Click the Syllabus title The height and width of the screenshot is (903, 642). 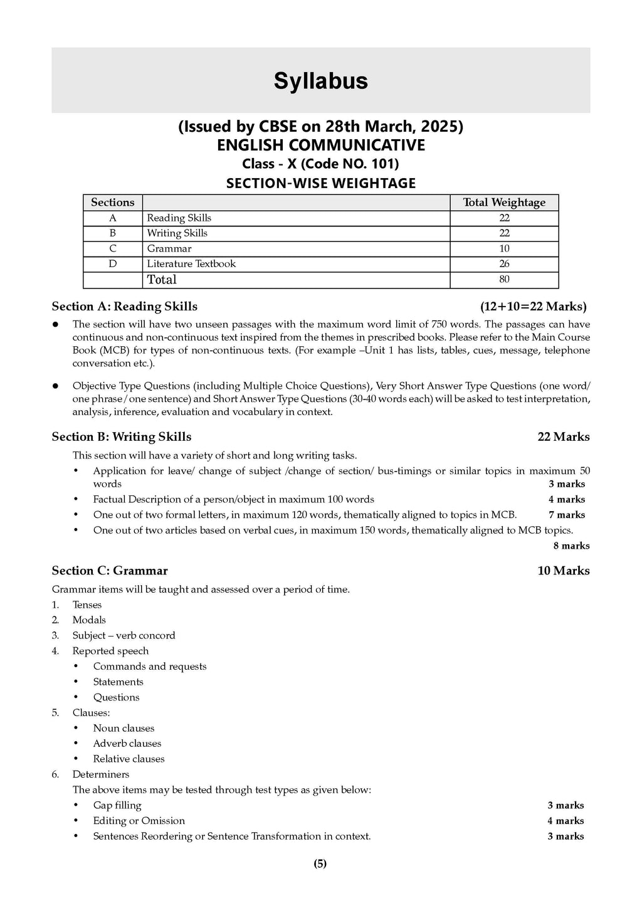click(x=320, y=81)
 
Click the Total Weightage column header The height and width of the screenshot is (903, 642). click(x=504, y=202)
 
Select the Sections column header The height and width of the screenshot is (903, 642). click(x=113, y=202)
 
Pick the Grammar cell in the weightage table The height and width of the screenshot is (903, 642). click(x=169, y=248)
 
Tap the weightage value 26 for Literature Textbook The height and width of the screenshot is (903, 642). click(x=504, y=264)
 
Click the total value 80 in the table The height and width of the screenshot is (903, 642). click(x=504, y=280)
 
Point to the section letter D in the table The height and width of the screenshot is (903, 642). click(x=113, y=264)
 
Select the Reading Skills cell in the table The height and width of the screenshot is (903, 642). click(x=179, y=218)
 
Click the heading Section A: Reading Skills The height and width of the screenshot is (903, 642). click(x=124, y=307)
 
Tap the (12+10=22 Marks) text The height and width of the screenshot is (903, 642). click(x=534, y=307)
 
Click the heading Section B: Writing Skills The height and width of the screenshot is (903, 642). click(x=122, y=437)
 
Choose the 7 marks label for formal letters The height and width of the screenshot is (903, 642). click(x=567, y=515)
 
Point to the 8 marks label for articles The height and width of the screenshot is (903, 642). click(x=571, y=546)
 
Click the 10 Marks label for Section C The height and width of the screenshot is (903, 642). click(x=564, y=571)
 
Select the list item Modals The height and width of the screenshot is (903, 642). click(x=89, y=620)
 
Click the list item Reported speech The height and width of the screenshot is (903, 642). click(x=110, y=651)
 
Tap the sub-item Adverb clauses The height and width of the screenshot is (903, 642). click(x=127, y=743)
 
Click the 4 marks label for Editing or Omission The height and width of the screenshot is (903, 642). click(x=566, y=821)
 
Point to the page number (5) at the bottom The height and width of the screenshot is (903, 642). click(x=320, y=863)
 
